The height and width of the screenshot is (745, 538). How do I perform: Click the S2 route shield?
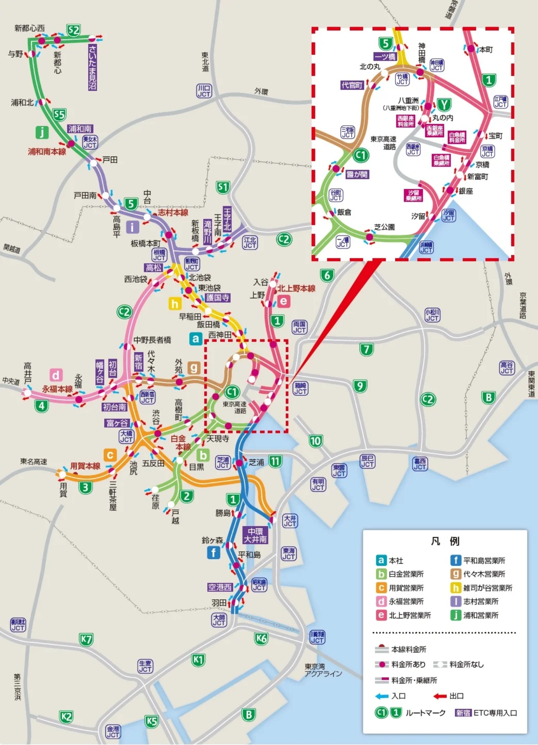point(74,30)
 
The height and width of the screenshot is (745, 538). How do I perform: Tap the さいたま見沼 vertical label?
point(92,67)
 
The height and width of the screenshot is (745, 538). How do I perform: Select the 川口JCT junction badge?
point(204,91)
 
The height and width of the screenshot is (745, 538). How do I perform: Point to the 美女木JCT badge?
point(90,142)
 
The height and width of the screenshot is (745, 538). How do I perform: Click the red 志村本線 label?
point(173,212)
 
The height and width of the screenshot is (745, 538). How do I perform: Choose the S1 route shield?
point(223,187)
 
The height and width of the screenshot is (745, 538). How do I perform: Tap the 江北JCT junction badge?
point(250,242)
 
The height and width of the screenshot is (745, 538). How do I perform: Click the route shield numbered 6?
point(327,275)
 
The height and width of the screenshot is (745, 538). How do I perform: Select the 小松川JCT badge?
point(432,315)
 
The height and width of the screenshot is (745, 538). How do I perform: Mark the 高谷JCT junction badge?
point(506,368)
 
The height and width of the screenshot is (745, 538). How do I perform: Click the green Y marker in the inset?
point(444,105)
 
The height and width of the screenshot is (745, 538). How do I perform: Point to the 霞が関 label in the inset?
point(357,174)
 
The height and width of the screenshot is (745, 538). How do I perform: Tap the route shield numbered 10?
point(315,441)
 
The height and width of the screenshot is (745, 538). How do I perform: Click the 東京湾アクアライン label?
point(323,670)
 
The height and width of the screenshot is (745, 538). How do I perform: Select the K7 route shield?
point(86,639)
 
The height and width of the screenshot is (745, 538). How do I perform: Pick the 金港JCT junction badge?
point(113,731)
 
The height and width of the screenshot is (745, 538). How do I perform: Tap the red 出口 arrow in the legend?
point(441,696)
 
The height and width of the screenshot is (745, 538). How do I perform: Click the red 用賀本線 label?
point(85,466)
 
